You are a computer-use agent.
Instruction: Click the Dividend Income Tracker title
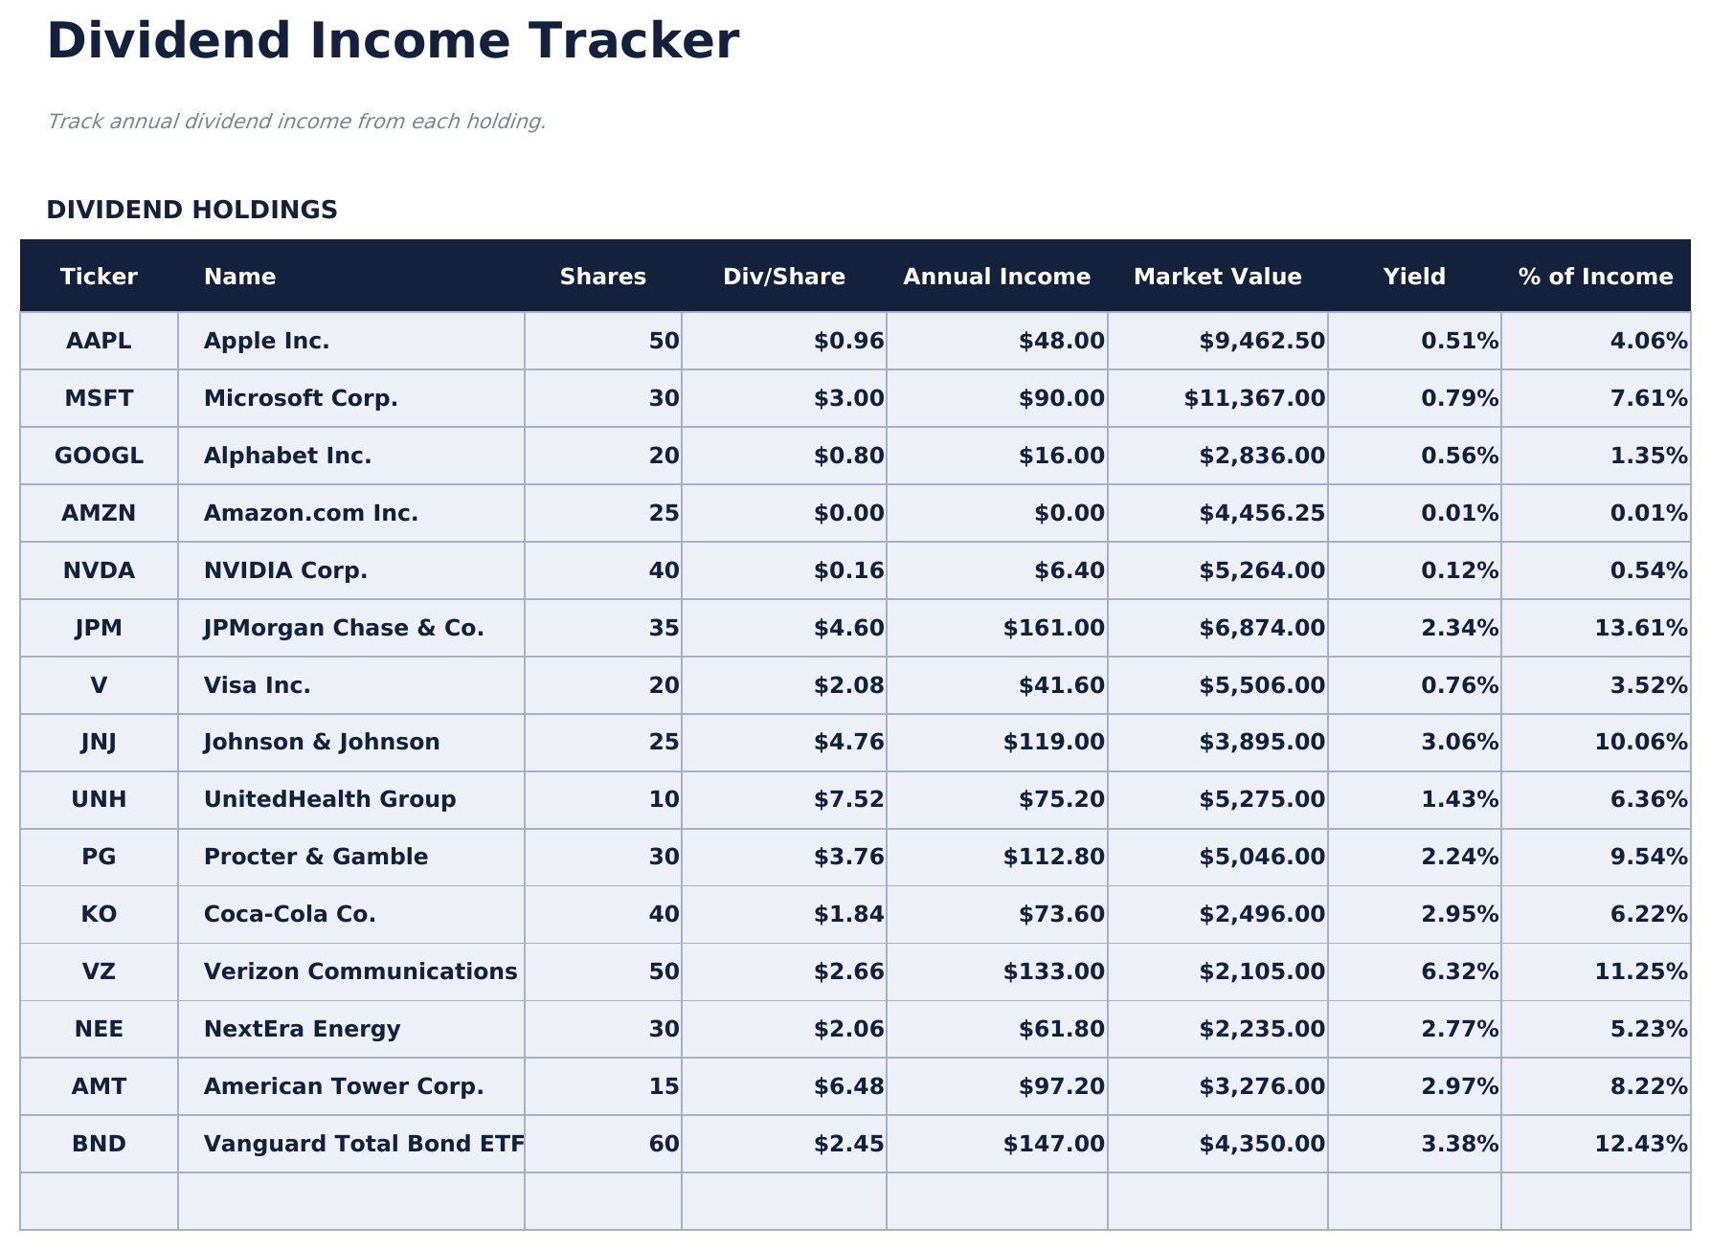[x=393, y=43]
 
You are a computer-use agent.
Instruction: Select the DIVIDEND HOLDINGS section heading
[x=191, y=211]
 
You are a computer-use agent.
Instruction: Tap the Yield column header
[x=1413, y=278]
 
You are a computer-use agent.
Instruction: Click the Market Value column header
[x=1217, y=278]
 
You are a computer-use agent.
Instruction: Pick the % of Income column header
[x=1595, y=278]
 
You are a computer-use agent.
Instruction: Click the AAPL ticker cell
[x=99, y=342]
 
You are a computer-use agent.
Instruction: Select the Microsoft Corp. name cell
[x=301, y=399]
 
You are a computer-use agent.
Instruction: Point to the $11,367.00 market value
[x=1254, y=399]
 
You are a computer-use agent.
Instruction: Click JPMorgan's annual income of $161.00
[x=1053, y=629]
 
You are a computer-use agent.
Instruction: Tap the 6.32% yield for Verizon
[x=1459, y=972]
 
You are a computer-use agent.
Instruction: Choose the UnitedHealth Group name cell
[x=329, y=800]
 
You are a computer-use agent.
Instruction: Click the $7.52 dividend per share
[x=848, y=800]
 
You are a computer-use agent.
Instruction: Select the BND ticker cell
[x=99, y=1145]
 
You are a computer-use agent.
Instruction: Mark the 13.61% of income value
[x=1640, y=629]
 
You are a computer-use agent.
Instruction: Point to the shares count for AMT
[x=664, y=1087]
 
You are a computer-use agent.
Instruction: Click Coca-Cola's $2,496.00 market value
[x=1262, y=915]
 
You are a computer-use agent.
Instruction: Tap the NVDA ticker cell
[x=99, y=571]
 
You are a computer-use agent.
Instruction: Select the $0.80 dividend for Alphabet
[x=848, y=457]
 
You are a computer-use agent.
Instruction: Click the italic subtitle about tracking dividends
[x=296, y=123]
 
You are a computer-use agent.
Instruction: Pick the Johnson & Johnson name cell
[x=322, y=743]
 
